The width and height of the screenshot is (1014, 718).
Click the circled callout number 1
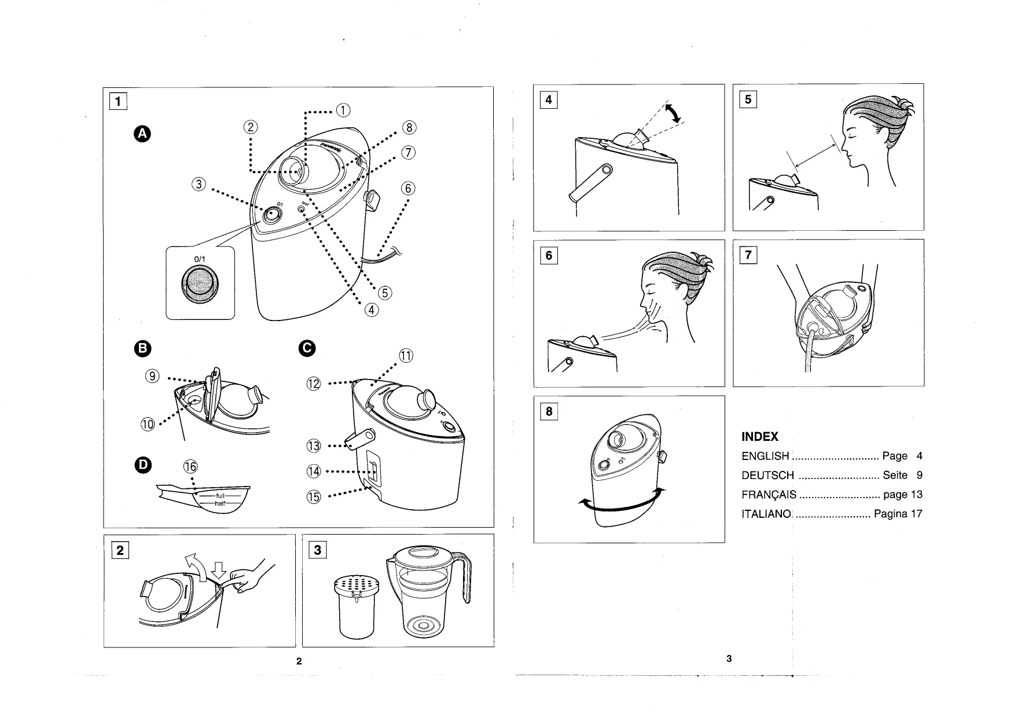coord(343,111)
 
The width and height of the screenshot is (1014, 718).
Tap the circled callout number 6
coord(408,189)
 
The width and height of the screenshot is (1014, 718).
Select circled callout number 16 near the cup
coord(190,466)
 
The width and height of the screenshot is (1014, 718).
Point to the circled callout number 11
coord(406,356)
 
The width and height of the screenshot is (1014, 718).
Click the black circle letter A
coord(142,134)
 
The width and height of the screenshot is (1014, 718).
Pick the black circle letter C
coord(307,348)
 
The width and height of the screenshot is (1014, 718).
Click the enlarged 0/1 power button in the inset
coord(200,284)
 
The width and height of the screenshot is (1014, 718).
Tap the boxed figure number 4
coord(548,100)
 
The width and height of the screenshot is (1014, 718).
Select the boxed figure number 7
coord(748,255)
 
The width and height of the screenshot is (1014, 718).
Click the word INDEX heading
coord(759,437)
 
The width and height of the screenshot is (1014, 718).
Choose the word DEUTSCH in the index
coord(767,476)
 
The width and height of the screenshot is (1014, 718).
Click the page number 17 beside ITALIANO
coord(916,514)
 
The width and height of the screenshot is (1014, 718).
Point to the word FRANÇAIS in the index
coord(769,495)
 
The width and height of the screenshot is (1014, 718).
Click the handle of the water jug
coord(465,579)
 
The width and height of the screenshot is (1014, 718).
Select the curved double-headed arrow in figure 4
coord(673,113)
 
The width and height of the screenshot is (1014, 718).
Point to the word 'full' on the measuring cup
coord(220,496)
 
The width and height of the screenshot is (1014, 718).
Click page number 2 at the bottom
coord(299,661)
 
